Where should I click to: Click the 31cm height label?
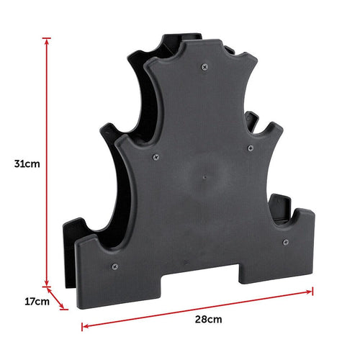pyautogui.click(x=26, y=164)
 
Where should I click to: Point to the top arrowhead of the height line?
pyautogui.click(x=48, y=40)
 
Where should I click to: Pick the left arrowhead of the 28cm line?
pyautogui.click(x=85, y=325)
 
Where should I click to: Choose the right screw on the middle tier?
pyautogui.click(x=251, y=148)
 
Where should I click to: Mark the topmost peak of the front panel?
pyautogui.click(x=189, y=45)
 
